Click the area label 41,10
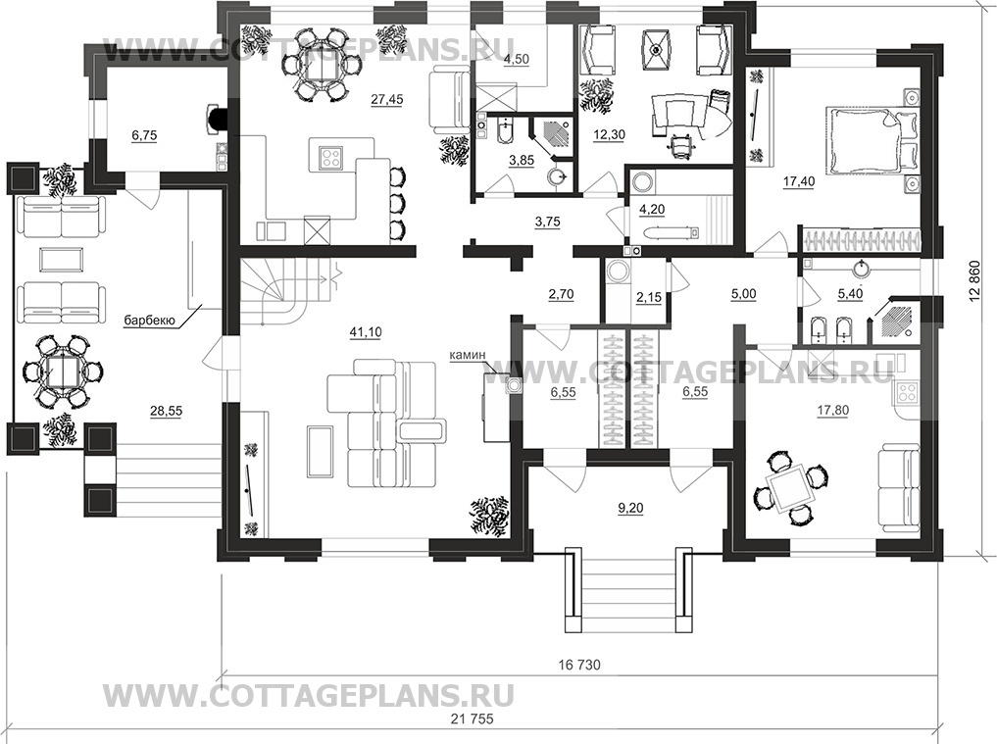coord(366,332)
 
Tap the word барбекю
coord(149,321)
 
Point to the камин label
coord(468,354)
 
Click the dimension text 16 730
coord(579,666)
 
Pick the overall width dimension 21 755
coord(472,719)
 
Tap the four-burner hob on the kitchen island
coord(331,156)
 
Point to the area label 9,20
coord(629,508)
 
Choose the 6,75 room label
coord(144,135)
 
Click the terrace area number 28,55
coord(166,412)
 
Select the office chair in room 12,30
coord(679,146)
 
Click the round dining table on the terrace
coord(63,372)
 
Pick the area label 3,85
coord(522,161)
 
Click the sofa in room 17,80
coord(899,488)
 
